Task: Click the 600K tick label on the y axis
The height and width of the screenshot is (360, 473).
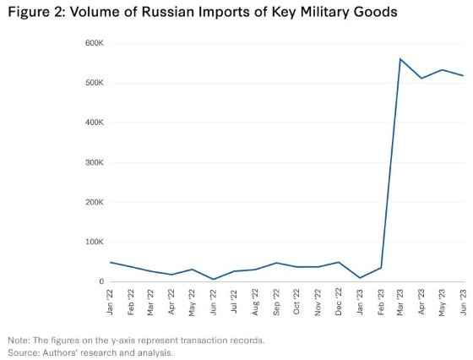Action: coord(92,43)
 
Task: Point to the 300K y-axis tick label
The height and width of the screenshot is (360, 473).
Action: coord(92,162)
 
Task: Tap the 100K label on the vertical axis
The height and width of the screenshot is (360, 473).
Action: coord(92,242)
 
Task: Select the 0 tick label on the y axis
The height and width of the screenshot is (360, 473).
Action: coord(99,281)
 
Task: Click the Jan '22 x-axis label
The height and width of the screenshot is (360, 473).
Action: coord(111,301)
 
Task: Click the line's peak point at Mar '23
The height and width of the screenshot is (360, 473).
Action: coord(400,59)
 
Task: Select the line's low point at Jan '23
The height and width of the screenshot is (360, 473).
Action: coord(360,278)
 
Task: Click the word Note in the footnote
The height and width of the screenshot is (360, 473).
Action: coord(18,340)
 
